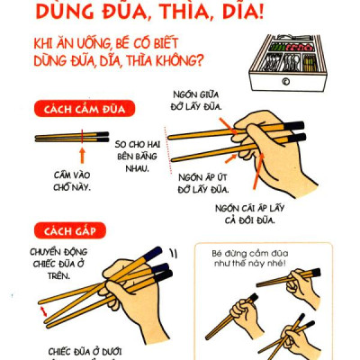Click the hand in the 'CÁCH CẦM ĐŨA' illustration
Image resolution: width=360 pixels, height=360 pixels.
click(x=270, y=148)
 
